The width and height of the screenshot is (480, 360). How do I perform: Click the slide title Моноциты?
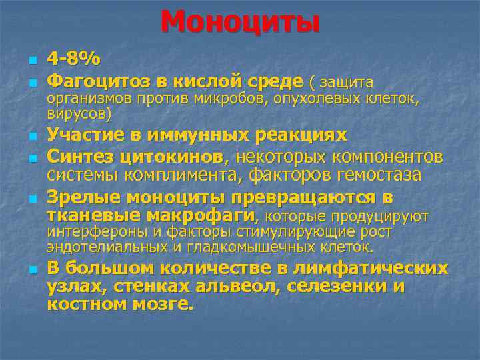click(x=240, y=22)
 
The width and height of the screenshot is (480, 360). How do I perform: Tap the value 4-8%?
click(x=73, y=59)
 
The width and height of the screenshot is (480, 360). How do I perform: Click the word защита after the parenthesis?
click(x=347, y=83)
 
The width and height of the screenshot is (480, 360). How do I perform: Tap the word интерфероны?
click(x=92, y=233)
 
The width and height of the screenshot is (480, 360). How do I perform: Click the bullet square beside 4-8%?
click(x=31, y=61)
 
